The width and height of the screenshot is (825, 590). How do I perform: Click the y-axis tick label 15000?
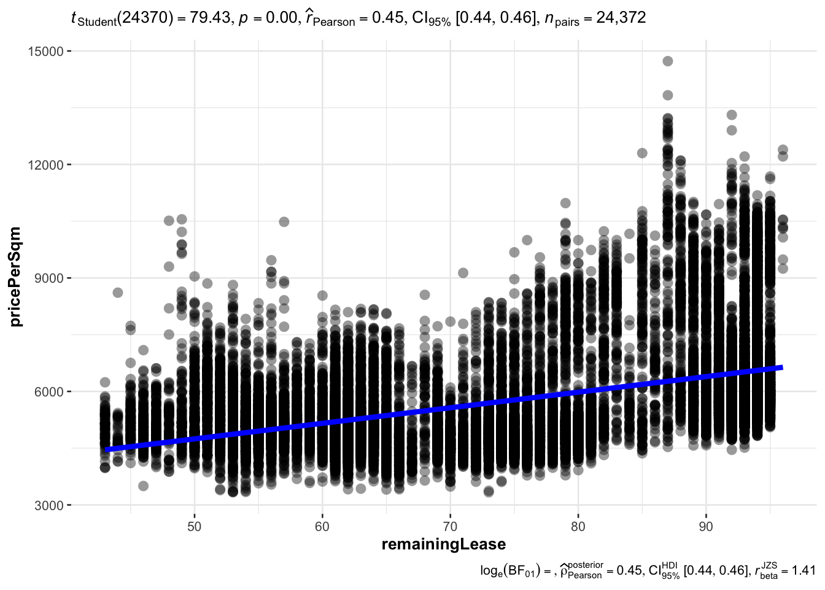(46, 51)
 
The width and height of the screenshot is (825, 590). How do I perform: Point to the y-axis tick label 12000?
(46, 165)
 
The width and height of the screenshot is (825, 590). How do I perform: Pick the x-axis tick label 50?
(195, 527)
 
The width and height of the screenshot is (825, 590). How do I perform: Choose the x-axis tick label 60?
(322, 527)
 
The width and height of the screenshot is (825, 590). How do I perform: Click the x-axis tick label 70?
(450, 527)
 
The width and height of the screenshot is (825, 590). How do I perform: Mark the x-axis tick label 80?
(578, 527)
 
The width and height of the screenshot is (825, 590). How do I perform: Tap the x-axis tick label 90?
(706, 527)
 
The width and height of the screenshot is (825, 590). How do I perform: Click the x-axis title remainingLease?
(444, 545)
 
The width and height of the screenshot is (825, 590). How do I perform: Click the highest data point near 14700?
(668, 61)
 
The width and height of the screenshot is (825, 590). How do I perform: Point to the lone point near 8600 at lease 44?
(118, 293)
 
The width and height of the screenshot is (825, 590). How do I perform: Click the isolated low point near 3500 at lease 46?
(143, 486)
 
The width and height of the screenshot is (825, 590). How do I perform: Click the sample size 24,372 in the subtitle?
(621, 18)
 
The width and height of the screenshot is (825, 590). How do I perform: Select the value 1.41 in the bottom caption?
(804, 571)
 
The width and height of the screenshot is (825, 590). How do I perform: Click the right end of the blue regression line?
(781, 368)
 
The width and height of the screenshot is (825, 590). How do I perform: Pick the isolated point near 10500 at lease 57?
(284, 222)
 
